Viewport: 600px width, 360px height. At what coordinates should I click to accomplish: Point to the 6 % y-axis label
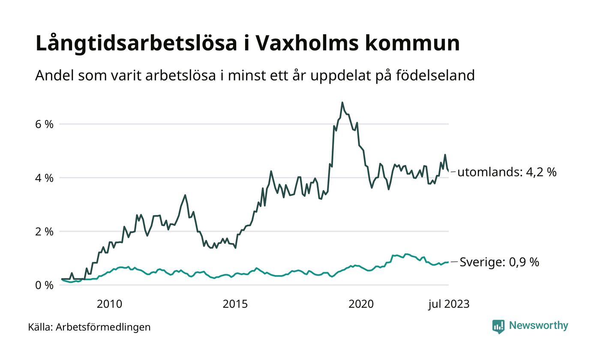pos(45,124)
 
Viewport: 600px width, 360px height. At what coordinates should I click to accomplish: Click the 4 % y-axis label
pos(45,178)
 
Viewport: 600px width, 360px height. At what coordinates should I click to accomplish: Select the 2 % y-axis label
pos(45,231)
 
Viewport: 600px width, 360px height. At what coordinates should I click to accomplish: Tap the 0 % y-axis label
pos(45,285)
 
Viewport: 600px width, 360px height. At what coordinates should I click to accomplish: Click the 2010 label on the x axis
pos(109,304)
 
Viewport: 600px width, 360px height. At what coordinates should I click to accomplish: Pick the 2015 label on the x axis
pos(235,304)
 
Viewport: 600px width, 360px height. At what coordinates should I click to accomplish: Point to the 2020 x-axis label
pos(361,304)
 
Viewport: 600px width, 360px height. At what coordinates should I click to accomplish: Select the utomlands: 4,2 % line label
pos(507,173)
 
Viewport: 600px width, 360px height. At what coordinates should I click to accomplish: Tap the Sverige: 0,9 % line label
pos(499,262)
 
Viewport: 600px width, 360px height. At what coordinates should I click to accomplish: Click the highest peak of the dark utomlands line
pos(342,103)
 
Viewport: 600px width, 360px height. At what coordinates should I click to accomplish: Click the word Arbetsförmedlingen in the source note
pos(103,327)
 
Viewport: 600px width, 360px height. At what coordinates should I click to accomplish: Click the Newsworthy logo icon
pos(498,327)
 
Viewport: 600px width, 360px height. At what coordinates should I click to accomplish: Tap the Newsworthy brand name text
pos(538,326)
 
